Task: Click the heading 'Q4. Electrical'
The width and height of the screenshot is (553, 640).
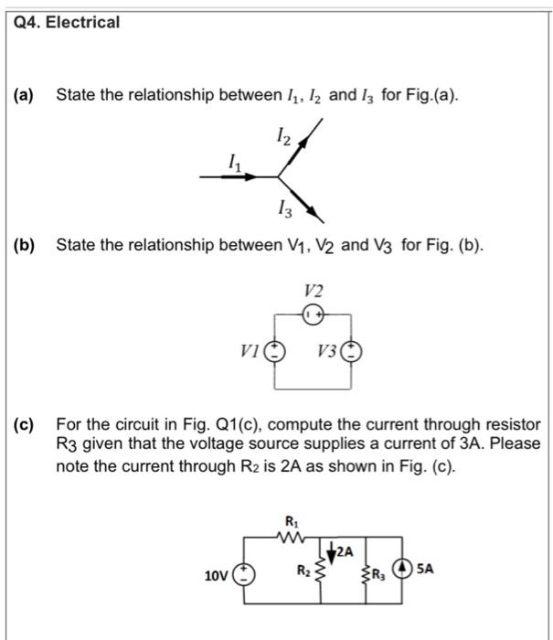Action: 69,21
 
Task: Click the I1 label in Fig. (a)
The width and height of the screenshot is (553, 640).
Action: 237,161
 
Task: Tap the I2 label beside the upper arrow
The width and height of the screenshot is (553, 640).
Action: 284,137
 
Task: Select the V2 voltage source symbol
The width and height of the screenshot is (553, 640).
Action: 313,314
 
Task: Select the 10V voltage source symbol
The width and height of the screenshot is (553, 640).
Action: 244,575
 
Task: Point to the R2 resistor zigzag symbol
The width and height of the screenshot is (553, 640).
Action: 321,572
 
